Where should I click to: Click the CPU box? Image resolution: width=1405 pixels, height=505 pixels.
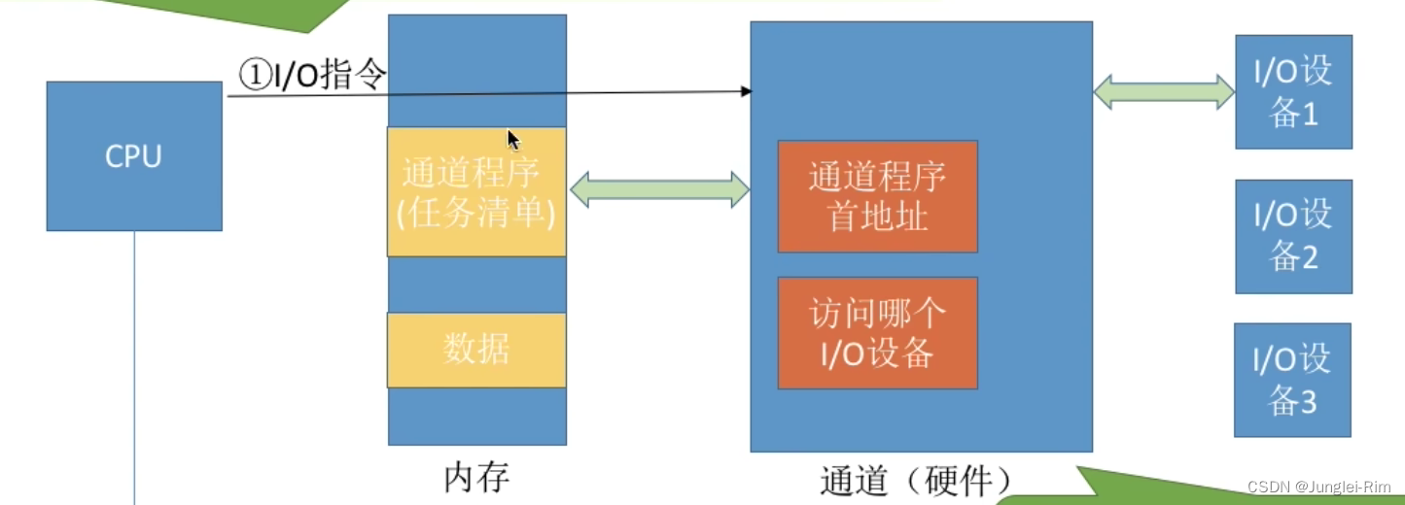click(x=134, y=155)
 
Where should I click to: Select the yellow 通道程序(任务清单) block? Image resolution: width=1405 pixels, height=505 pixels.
click(x=476, y=192)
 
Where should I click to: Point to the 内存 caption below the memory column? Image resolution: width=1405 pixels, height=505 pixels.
click(x=476, y=477)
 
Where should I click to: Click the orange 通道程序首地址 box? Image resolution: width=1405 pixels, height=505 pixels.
click(x=877, y=196)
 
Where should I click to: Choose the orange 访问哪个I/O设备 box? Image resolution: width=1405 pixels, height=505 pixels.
click(x=877, y=333)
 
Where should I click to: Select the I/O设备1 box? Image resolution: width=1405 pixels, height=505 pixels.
click(x=1293, y=92)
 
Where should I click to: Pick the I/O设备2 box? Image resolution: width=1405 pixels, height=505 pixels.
click(x=1293, y=236)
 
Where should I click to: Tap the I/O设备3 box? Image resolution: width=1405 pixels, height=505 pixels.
click(x=1292, y=380)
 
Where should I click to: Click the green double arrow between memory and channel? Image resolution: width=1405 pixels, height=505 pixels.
click(x=658, y=189)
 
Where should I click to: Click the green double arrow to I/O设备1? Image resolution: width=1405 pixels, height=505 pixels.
click(x=1164, y=92)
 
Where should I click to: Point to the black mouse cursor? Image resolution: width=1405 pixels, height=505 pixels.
click(x=513, y=139)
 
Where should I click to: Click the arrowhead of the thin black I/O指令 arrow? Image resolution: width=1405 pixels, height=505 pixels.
click(x=747, y=91)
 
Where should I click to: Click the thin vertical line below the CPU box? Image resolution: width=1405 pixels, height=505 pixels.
click(x=134, y=369)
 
